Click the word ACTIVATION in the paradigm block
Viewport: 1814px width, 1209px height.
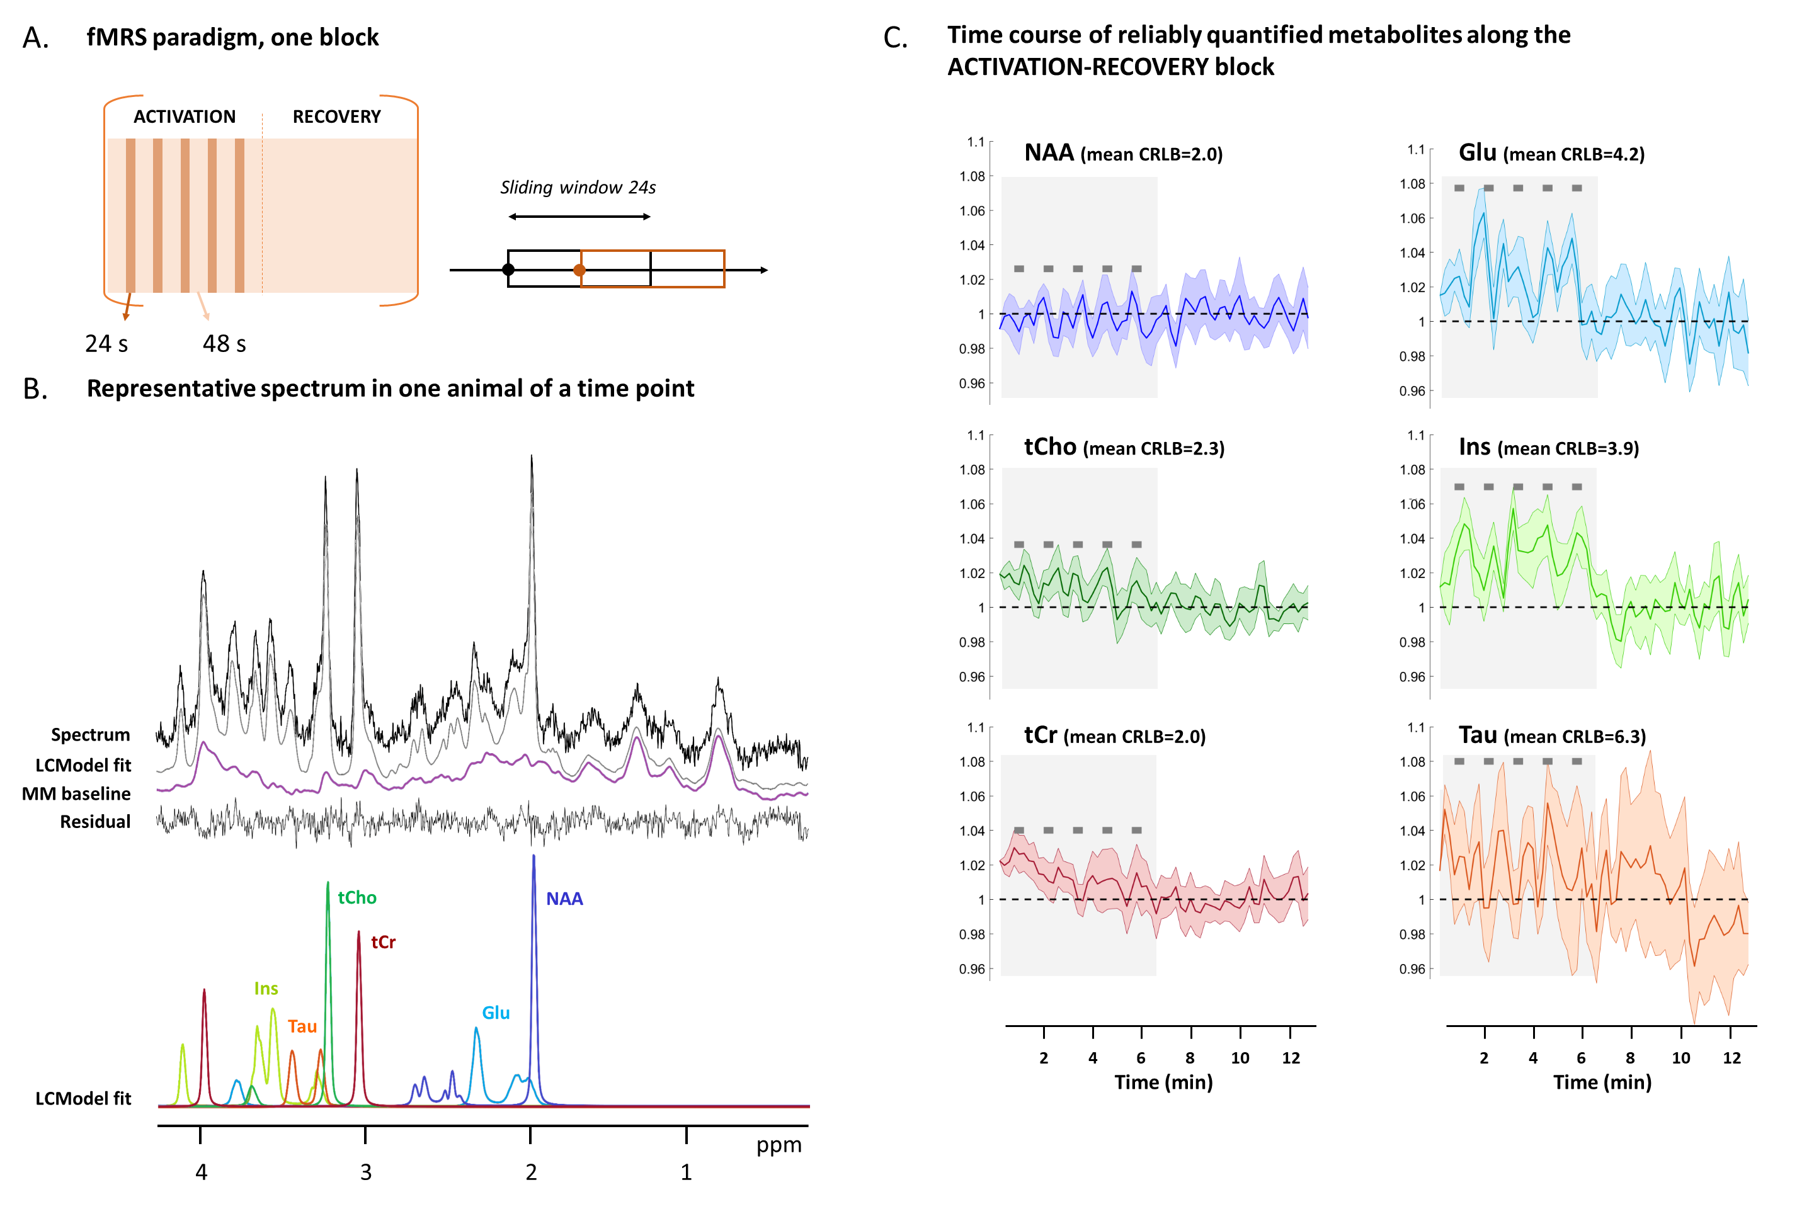tap(185, 116)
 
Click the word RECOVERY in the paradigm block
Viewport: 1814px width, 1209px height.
tap(336, 116)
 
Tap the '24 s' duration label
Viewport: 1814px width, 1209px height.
tap(106, 344)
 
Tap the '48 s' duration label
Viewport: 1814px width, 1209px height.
tap(224, 344)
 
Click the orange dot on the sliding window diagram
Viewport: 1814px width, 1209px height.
tap(579, 270)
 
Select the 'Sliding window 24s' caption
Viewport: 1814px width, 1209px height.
tap(578, 188)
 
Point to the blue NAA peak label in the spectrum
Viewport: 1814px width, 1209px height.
tap(564, 899)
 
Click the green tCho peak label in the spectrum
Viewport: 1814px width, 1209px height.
tap(357, 897)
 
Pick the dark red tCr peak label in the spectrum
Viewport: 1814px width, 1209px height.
tap(384, 942)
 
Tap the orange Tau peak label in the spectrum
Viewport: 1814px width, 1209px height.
tap(302, 1026)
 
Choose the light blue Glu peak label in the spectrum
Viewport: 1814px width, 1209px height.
tap(496, 1013)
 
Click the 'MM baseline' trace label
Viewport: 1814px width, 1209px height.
tap(76, 793)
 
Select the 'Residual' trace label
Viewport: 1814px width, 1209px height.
tap(95, 822)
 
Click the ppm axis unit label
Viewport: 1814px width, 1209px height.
tap(779, 1145)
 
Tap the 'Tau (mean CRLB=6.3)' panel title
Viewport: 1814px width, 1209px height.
tap(1552, 735)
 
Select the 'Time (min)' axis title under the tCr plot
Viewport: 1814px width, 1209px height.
tap(1163, 1082)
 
